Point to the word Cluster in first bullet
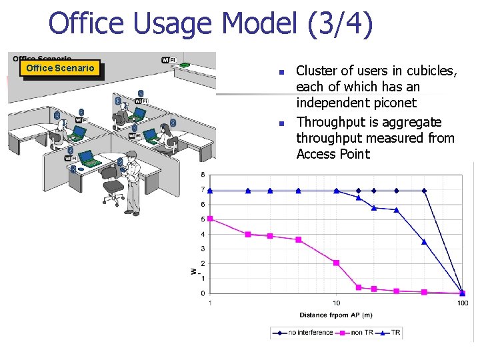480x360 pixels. pyautogui.click(x=317, y=71)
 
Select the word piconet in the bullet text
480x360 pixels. pyautogui.click(x=393, y=103)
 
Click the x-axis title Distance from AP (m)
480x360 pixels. pyautogui.click(x=336, y=315)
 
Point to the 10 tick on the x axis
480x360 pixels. pyautogui.click(x=337, y=303)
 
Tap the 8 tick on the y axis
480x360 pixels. pyautogui.click(x=203, y=175)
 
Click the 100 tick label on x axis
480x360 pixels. pyautogui.click(x=462, y=303)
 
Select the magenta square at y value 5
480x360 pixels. pyautogui.click(x=211, y=219)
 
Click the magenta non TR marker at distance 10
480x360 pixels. pyautogui.click(x=337, y=263)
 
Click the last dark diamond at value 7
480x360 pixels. pyautogui.click(x=425, y=191)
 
